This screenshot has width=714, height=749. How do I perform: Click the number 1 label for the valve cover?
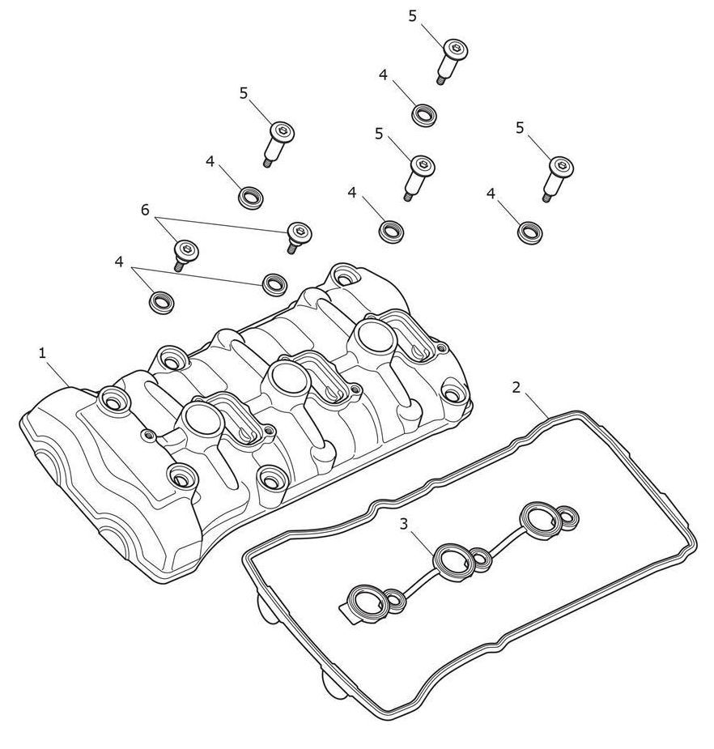pyautogui.click(x=43, y=354)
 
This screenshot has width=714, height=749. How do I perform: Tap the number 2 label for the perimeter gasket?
pyautogui.click(x=516, y=387)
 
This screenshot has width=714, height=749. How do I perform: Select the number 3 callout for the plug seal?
pyautogui.click(x=404, y=524)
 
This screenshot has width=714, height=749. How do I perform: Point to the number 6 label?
pyautogui.click(x=145, y=210)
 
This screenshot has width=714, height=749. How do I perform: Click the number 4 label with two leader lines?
pyautogui.click(x=119, y=262)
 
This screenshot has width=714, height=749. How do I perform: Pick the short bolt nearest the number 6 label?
pyautogui.click(x=185, y=253)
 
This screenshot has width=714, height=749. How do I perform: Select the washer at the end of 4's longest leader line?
pyautogui.click(x=274, y=283)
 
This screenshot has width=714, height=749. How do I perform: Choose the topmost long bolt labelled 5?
pyautogui.click(x=452, y=60)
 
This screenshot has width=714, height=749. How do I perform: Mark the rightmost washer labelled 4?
pyautogui.click(x=529, y=232)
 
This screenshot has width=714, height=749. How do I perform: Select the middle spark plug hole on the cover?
pyautogui.click(x=285, y=376)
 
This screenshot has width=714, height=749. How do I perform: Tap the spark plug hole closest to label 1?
pyautogui.click(x=200, y=418)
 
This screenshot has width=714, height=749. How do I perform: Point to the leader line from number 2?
pyautogui.click(x=537, y=405)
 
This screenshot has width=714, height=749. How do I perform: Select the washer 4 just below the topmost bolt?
pyautogui.click(x=423, y=115)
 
